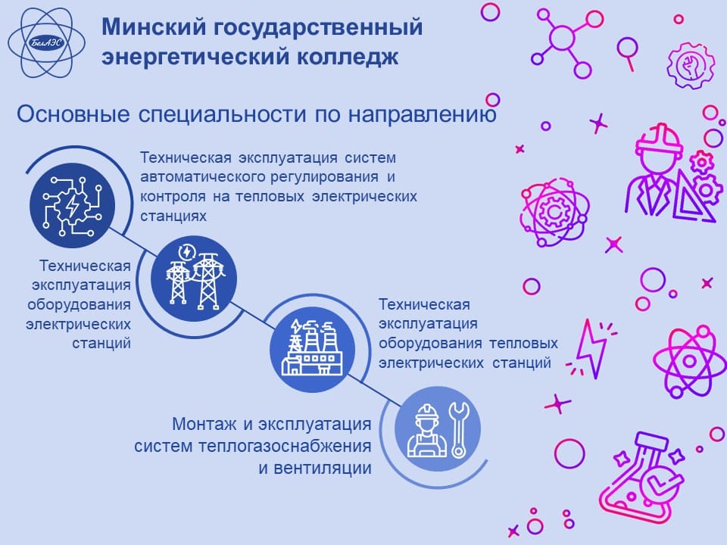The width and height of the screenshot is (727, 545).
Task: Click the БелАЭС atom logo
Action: pyautogui.click(x=46, y=43)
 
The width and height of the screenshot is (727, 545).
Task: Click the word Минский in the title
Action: pyautogui.click(x=154, y=26)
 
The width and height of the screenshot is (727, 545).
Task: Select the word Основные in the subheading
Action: pyautogui.click(x=73, y=114)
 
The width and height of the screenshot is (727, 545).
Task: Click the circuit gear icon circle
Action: pyautogui.click(x=73, y=205)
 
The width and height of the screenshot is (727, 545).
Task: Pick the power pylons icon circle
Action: pyautogui.click(x=194, y=279)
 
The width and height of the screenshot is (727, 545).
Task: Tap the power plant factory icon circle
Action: pyautogui.click(x=313, y=350)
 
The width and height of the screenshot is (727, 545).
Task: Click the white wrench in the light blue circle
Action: pyautogui.click(x=459, y=430)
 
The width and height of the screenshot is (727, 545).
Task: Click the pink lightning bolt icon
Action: pyautogui.click(x=591, y=347)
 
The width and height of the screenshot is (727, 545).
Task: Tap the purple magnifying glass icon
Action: pyautogui.click(x=627, y=53)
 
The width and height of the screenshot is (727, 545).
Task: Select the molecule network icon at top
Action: pyautogui.click(x=566, y=41)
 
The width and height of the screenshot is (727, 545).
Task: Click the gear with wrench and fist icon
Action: pyautogui.click(x=691, y=65)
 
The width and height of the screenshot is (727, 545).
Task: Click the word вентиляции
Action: pyautogui.click(x=323, y=468)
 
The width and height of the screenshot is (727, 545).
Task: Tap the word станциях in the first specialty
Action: pyautogui.click(x=173, y=216)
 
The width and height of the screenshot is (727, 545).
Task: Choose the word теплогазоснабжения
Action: pyautogui.click(x=285, y=447)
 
